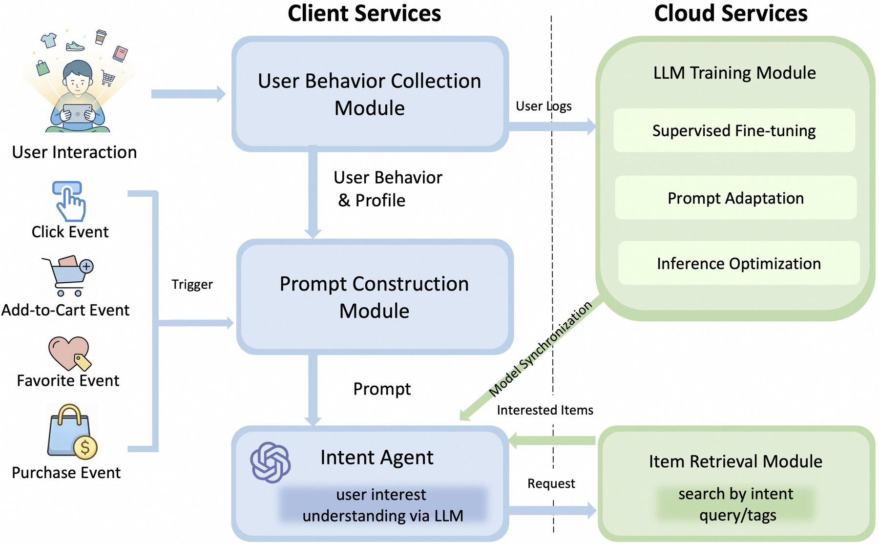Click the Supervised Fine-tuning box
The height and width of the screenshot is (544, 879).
pos(734,130)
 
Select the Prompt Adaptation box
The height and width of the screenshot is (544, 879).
pos(735,198)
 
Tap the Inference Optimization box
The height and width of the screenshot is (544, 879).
pos(738,263)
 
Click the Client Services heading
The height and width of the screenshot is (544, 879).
pos(364,13)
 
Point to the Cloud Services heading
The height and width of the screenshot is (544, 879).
pos(731,13)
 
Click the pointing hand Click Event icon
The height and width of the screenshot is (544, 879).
pos(69,201)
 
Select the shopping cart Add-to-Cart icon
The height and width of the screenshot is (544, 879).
pos(68,275)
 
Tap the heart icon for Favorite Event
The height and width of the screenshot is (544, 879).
pos(69,353)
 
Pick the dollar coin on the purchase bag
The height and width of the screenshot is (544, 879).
pos(85,447)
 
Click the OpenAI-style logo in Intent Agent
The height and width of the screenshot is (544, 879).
pos(270,462)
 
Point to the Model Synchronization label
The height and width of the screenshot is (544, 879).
pos(540,348)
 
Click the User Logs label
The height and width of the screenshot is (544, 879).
pos(544,106)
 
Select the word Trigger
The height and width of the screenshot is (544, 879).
pos(192,284)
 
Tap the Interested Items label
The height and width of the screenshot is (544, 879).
pos(545,410)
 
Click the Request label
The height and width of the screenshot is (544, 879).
pos(551,483)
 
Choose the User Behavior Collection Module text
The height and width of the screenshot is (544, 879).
pos(370,94)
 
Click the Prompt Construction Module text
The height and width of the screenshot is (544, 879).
pos(374,297)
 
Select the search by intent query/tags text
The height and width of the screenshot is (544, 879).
pos(736,504)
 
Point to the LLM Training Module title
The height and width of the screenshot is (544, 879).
pos(734,73)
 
